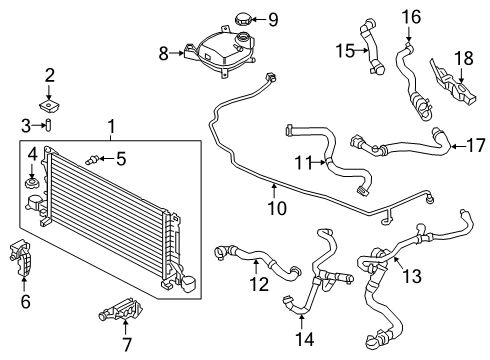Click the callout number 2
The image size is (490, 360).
coord(49,75)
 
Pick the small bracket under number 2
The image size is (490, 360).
coord(48,103)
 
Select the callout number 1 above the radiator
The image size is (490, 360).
coord(111,128)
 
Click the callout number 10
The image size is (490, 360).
coord(277,209)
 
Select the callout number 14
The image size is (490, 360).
coord(302,320)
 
